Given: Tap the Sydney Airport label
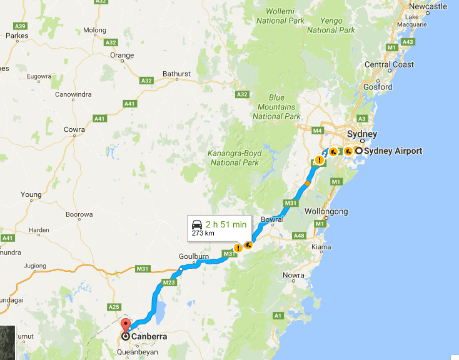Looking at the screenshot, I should pyautogui.click(x=393, y=151).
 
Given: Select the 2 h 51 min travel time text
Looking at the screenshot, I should pyautogui.click(x=226, y=224).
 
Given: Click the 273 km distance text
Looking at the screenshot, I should pyautogui.click(x=203, y=234).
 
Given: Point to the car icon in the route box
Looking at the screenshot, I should pyautogui.click(x=196, y=224).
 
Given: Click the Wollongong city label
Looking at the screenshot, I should pyautogui.click(x=326, y=211).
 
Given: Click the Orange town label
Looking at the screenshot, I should pyautogui.click(x=122, y=55).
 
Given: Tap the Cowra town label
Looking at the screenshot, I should pyautogui.click(x=74, y=129).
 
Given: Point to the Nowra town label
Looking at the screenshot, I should pyautogui.click(x=293, y=275).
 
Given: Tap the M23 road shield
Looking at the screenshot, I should pyautogui.click(x=169, y=282).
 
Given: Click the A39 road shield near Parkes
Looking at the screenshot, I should pyautogui.click(x=21, y=26).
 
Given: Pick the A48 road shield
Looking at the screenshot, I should pyautogui.click(x=298, y=236).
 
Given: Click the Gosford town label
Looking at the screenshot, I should pyautogui.click(x=378, y=87).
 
